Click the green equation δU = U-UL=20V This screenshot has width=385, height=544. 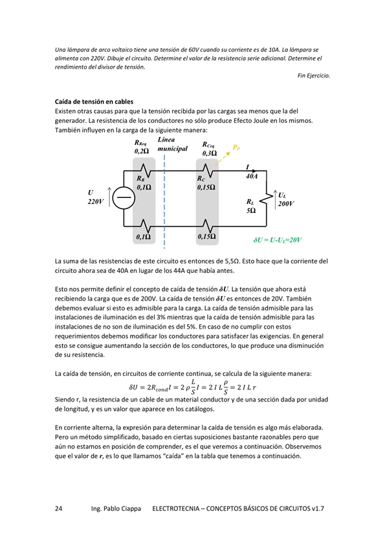coord(277,239)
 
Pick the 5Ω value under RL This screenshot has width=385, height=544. coord(250,211)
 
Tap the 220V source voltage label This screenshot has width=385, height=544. coord(95,202)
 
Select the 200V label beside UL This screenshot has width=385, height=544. coord(285,203)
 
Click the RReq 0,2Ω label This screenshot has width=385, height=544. coord(141,147)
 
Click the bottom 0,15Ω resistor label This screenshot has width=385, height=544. coord(206,237)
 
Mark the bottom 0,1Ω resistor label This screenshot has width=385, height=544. coord(143,237)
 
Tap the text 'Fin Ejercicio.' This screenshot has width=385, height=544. coord(313,76)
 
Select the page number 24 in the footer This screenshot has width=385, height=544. coord(59,509)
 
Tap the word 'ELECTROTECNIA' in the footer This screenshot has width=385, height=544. coord(177,509)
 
